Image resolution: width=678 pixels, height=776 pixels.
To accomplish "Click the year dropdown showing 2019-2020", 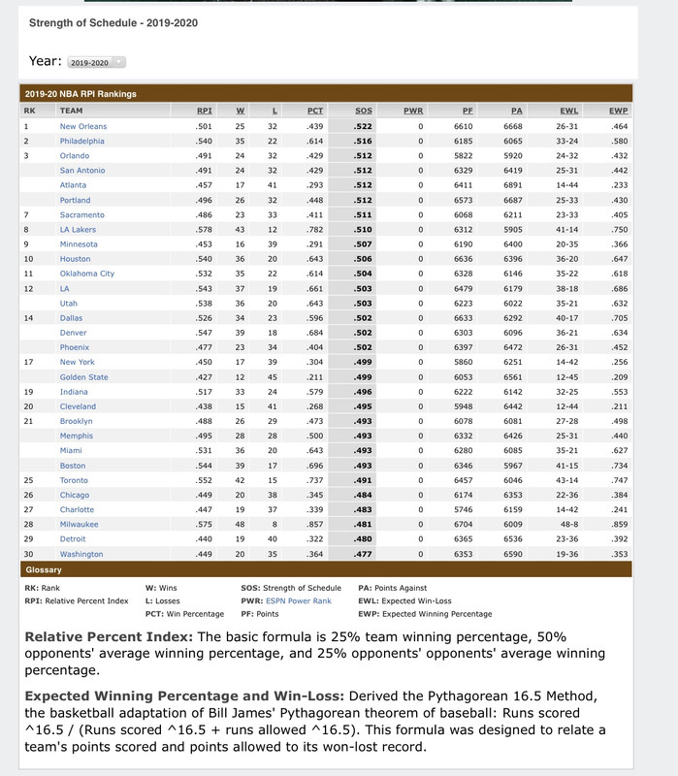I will [96, 62].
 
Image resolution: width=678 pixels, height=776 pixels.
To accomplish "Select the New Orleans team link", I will [83, 126].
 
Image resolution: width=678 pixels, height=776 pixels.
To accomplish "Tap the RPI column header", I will [204, 111].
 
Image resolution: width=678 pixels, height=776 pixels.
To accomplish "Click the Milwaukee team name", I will [80, 524].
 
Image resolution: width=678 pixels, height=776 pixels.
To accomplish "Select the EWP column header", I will [619, 111].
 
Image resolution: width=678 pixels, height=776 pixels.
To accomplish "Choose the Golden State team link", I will [84, 376].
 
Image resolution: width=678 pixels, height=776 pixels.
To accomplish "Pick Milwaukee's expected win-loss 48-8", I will [568, 524].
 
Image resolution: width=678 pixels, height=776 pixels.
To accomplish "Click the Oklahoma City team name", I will [87, 274].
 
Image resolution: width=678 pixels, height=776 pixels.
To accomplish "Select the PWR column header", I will [413, 111].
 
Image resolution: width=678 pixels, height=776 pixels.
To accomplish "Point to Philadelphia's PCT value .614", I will [315, 141].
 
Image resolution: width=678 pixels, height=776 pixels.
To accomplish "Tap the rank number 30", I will [28, 553].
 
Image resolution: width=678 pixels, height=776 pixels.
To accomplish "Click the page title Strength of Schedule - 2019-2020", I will [113, 22].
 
